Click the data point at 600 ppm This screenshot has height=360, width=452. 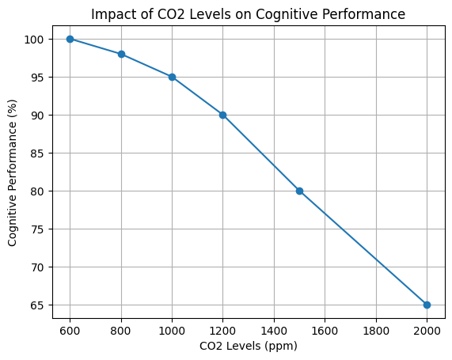click(70, 39)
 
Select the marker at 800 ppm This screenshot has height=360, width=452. click(121, 54)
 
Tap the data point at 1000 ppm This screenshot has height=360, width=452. click(172, 77)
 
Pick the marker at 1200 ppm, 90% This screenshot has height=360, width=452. click(222, 115)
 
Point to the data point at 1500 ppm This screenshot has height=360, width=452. click(299, 191)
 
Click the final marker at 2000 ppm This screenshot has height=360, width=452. click(427, 305)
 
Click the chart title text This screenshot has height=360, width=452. click(248, 14)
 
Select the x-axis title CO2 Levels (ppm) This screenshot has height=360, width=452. click(248, 347)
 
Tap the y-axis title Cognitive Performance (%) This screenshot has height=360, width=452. click(13, 172)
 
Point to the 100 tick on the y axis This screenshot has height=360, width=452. click(36, 40)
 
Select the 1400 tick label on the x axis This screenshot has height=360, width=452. click(274, 329)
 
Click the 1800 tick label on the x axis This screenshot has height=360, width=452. click(376, 329)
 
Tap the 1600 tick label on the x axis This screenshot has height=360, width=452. click(325, 329)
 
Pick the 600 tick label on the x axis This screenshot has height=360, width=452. click(70, 329)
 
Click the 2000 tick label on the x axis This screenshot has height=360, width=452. click(427, 329)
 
